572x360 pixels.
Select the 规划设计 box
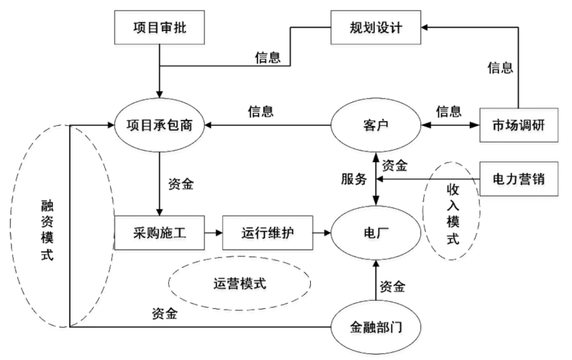tap(376, 30)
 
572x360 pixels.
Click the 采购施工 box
tap(160, 233)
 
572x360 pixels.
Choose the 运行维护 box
tap(266, 233)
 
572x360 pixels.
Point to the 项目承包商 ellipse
tap(160, 124)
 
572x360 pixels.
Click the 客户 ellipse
tap(375, 124)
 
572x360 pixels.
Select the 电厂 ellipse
tap(375, 233)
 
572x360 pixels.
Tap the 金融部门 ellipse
tap(375, 328)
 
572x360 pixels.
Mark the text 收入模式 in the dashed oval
tap(453, 214)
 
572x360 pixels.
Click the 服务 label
tap(353, 179)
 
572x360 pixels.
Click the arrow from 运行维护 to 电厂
tap(319, 233)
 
